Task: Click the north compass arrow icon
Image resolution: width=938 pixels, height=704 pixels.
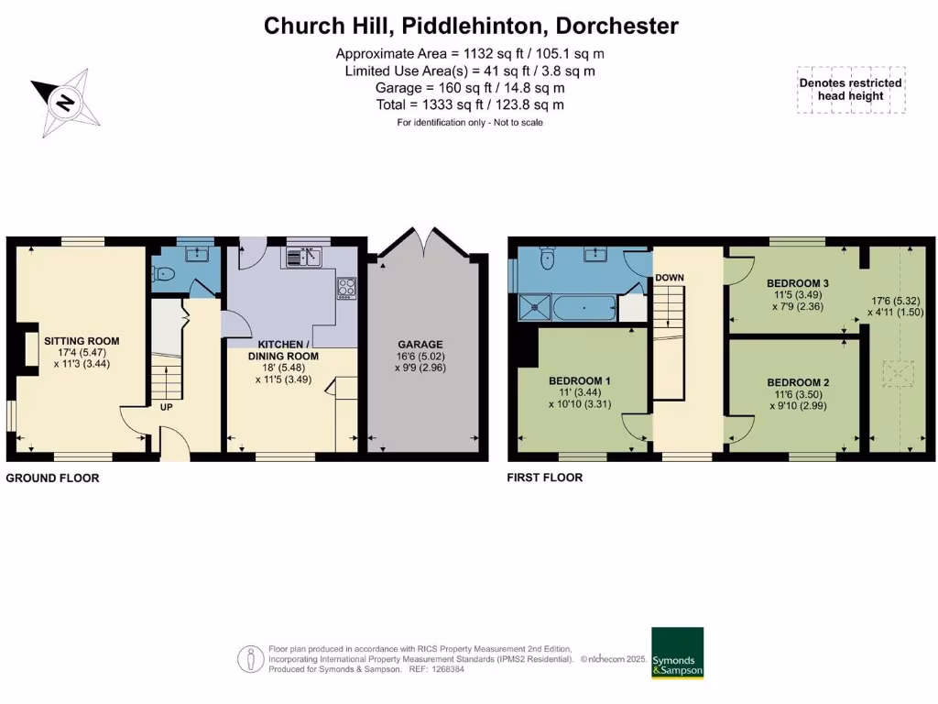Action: (x=65, y=102)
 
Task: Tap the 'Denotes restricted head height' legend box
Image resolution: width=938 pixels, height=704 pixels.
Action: (x=851, y=89)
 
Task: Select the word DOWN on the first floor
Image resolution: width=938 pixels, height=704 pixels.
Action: (x=670, y=278)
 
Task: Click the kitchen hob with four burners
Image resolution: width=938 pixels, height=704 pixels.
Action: (x=347, y=288)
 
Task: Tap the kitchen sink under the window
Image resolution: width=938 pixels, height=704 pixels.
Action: (x=301, y=258)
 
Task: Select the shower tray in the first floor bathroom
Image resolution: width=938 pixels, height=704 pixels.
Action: (x=534, y=307)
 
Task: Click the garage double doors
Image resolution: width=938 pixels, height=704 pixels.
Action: (x=422, y=241)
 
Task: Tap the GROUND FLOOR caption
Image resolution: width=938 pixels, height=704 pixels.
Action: (x=52, y=478)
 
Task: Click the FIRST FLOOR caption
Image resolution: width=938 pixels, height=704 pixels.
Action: (x=544, y=478)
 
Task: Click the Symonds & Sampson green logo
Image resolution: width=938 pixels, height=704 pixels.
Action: (x=677, y=653)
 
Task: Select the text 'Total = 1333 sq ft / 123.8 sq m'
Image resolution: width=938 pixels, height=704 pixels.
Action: (x=470, y=104)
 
